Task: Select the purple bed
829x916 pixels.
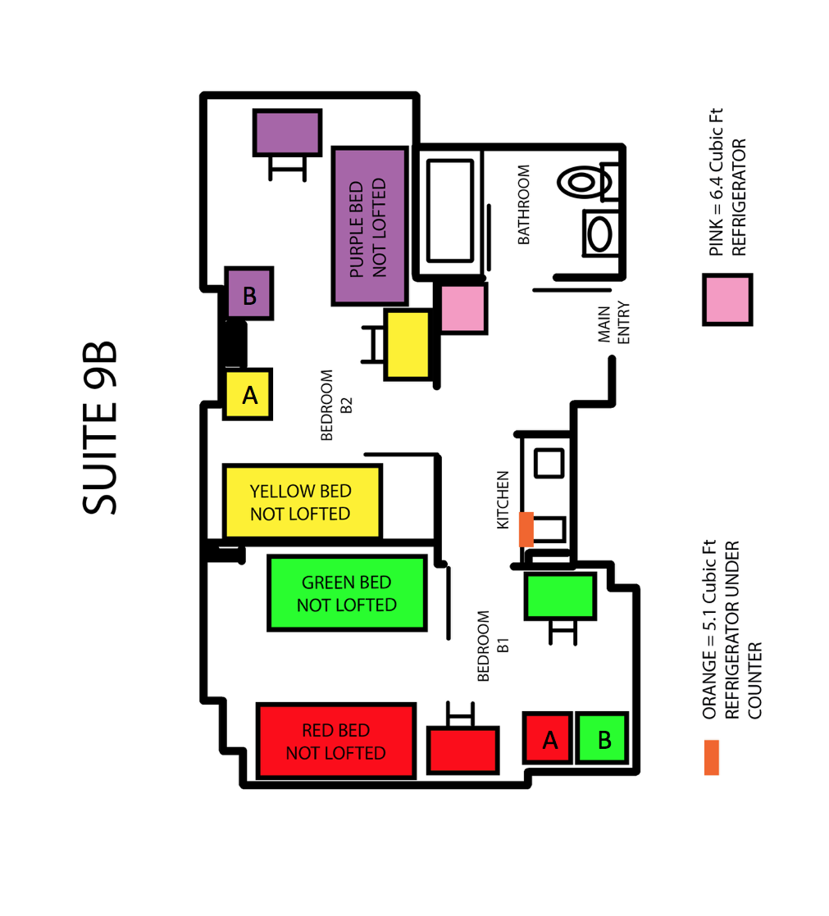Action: coord(370,226)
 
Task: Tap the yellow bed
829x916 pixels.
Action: coord(303,501)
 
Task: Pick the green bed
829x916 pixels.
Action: coord(348,593)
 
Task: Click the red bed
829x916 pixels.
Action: coord(336,741)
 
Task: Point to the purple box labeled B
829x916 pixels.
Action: coord(249,293)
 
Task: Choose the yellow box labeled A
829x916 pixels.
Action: coord(248,394)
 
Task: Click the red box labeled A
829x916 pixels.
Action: coord(547,738)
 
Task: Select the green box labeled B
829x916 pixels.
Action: coord(602,738)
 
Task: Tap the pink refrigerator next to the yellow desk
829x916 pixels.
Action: coord(463,308)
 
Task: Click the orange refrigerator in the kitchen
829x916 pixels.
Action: coord(526,529)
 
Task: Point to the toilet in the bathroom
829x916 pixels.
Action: coord(588,182)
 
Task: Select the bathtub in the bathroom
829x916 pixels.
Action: coord(449,211)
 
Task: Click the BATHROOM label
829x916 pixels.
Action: coord(524,205)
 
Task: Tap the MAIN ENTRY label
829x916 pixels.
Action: coord(614,323)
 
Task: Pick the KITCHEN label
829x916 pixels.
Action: coord(503,500)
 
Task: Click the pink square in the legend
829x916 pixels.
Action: coord(727,299)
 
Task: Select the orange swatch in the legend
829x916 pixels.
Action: coord(712,757)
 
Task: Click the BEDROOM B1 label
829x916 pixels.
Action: coord(493,646)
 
